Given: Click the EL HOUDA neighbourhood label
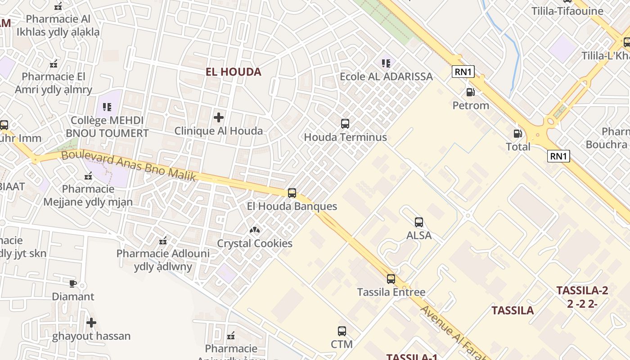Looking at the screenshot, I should [233, 72].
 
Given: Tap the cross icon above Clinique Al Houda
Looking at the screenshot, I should [219, 118].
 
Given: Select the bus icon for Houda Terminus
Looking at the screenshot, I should [345, 124].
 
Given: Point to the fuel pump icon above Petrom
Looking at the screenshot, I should [470, 92].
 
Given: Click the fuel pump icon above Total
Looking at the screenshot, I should [518, 134].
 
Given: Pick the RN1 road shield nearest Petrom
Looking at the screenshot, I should [463, 72].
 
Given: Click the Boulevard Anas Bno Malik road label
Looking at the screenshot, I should [129, 165].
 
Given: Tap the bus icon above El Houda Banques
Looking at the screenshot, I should [292, 193].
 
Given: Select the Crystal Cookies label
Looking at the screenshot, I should [255, 243].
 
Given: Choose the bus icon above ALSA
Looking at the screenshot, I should [419, 222].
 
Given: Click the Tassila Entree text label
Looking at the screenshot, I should [391, 292].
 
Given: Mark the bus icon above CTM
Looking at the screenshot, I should [342, 331].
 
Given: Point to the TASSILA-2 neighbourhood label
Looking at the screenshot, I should [582, 290].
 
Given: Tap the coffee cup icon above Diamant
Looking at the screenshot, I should [73, 283].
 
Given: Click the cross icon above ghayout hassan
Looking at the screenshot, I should [91, 323].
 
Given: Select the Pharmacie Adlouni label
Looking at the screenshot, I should [163, 254].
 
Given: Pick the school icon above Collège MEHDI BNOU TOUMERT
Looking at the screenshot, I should [107, 107].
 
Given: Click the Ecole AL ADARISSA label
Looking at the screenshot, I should [386, 76].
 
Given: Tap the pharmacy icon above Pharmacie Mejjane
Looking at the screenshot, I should [88, 176].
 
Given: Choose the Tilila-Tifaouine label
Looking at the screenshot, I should [567, 11].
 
